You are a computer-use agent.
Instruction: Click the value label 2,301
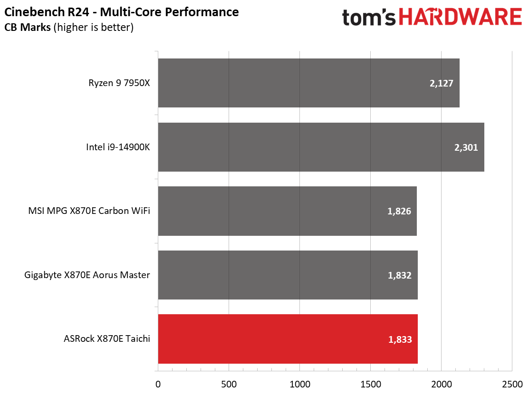click(x=466, y=147)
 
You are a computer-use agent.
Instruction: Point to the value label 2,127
click(x=441, y=84)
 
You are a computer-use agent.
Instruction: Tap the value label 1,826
click(x=399, y=212)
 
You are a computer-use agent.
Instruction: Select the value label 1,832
click(x=399, y=275)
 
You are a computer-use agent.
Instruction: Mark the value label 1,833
click(x=399, y=339)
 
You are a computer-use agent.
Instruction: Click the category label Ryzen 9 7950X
click(x=119, y=83)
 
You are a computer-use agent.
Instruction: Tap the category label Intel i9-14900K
click(x=118, y=147)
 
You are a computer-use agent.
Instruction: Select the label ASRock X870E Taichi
click(x=107, y=339)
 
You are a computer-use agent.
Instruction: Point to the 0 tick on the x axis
click(x=158, y=383)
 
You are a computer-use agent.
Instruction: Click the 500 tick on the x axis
click(x=229, y=383)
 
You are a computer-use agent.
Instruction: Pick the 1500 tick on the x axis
click(x=370, y=383)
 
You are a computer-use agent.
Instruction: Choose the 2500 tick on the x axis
click(x=511, y=383)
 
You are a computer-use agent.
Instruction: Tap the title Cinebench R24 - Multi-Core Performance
click(x=122, y=11)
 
